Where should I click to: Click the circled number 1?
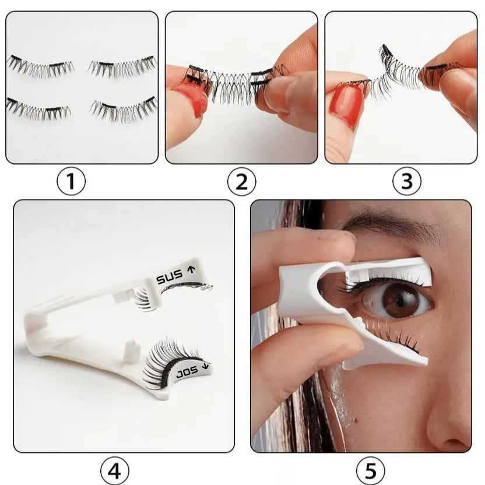coord(71,182)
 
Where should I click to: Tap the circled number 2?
coord(241,182)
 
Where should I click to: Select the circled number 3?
coord(406,182)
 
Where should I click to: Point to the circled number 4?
coord(114,469)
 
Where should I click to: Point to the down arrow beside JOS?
coord(205,367)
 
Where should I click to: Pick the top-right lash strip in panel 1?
coord(122,66)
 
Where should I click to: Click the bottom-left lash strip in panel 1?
coord(39,108)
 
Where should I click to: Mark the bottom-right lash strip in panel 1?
coord(124,108)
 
